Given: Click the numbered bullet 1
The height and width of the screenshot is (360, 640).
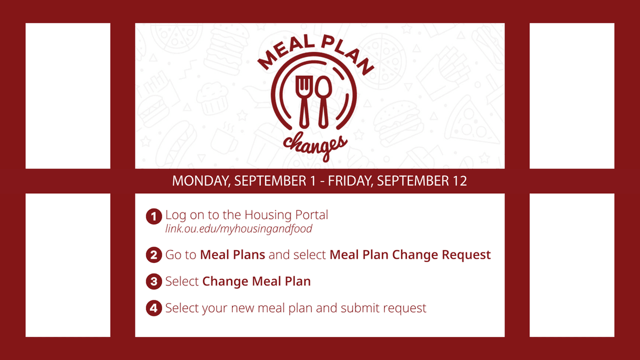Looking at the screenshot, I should tap(154, 217).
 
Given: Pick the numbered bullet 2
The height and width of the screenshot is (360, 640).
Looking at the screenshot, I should tap(154, 255).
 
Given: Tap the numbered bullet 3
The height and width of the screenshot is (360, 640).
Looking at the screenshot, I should tap(154, 281).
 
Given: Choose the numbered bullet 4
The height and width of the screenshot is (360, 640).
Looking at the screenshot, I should tap(154, 308).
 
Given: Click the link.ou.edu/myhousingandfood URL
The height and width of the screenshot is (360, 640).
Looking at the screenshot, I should tap(238, 229).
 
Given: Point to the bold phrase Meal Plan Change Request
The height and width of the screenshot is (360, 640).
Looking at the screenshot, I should tap(410, 255).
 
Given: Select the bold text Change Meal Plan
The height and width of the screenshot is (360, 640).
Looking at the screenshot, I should tap(257, 281).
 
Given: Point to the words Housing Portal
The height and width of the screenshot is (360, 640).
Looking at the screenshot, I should tap(286, 215).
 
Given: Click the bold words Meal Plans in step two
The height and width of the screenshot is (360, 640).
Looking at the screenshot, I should tap(233, 255).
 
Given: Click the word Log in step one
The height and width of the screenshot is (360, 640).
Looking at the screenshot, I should tap(175, 215).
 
